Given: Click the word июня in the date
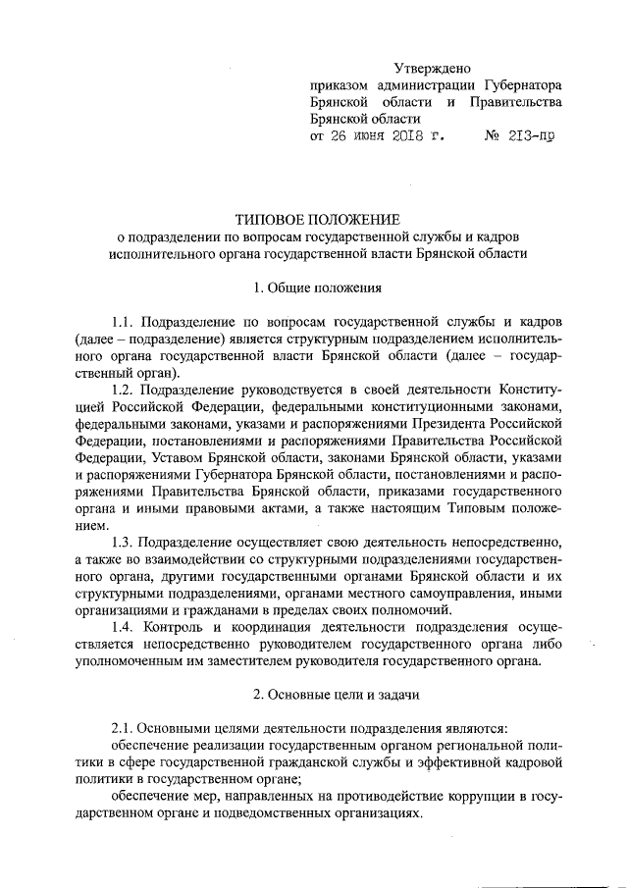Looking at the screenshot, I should (x=357, y=138).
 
